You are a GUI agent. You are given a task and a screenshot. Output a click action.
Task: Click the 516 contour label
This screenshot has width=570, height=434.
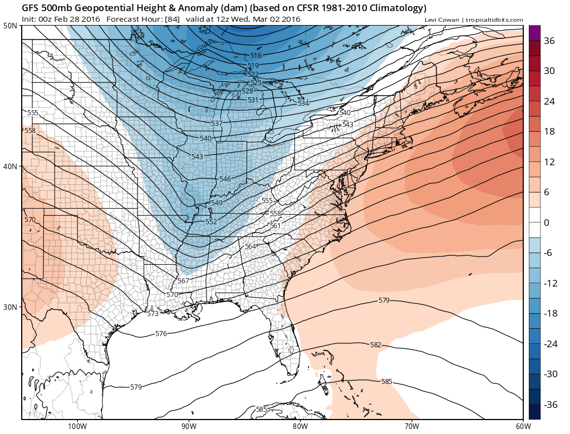255,56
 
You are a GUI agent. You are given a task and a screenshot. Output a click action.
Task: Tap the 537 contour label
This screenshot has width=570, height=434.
217,124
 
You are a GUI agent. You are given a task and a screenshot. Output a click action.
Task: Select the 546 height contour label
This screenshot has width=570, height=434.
225,179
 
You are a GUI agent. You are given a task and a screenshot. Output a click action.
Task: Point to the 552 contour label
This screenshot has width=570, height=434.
211,222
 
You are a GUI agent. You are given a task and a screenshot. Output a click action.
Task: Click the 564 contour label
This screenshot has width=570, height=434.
250,246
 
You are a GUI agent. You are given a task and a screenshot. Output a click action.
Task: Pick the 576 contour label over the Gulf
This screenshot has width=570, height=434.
161,334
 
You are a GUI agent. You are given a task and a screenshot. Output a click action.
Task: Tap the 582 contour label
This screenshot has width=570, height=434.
376,345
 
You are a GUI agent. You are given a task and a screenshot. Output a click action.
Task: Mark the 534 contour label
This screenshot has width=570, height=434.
303,103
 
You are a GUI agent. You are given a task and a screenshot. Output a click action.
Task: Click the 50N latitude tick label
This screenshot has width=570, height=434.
10,26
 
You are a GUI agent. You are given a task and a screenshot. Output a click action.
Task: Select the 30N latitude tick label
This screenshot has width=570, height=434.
10,307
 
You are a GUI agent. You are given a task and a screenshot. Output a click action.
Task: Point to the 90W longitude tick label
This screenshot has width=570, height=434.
189,426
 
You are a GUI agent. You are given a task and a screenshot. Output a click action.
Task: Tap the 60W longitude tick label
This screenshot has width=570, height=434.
522,426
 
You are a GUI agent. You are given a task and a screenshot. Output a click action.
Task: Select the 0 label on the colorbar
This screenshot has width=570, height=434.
547,223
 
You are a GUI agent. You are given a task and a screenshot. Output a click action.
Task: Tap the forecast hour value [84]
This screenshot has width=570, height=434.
171,19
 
